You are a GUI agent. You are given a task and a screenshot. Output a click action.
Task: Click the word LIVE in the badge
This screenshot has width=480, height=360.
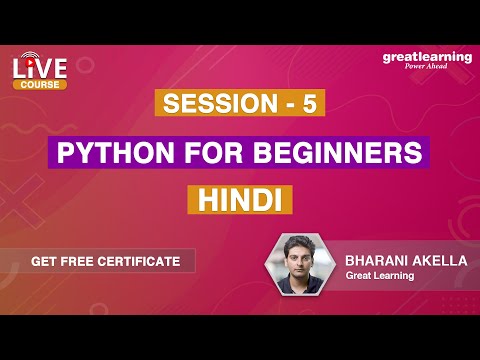40,69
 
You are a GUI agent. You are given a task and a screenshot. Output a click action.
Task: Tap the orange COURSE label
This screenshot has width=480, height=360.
41,84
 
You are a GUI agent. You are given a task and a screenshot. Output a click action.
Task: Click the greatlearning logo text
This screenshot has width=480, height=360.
427,58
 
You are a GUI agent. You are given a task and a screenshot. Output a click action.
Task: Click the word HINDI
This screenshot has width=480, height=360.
239,199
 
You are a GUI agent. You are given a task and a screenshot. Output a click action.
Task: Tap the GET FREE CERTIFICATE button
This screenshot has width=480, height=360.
105,261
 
